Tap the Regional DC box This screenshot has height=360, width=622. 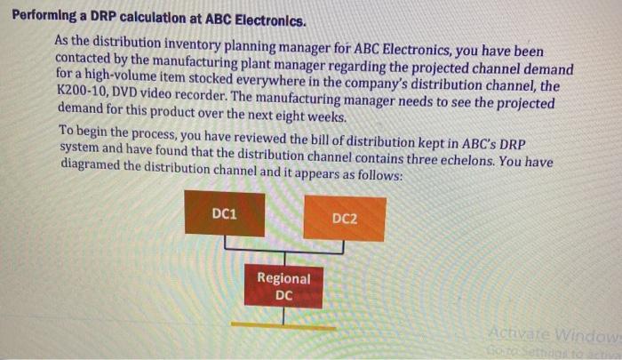pyautogui.click(x=283, y=286)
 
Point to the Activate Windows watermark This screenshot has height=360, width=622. pyautogui.click(x=552, y=334)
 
